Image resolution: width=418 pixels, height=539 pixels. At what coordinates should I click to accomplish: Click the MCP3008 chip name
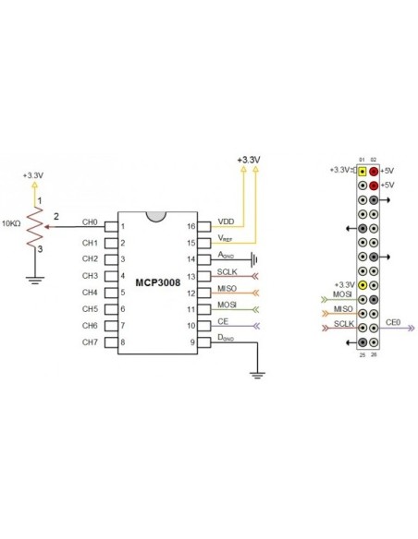[155, 281]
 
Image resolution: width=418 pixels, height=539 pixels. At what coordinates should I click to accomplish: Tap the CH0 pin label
[90, 222]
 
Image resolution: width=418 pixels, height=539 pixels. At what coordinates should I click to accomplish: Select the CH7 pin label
[90, 342]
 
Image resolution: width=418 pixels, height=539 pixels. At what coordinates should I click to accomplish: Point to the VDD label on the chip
[226, 222]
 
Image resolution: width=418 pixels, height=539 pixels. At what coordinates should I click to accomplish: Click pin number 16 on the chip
[191, 224]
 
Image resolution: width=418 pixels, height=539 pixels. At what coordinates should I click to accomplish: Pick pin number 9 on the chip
[192, 342]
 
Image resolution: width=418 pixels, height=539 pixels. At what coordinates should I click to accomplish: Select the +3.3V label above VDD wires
[248, 160]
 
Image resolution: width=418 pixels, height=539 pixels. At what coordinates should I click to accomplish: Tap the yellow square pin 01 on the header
[362, 171]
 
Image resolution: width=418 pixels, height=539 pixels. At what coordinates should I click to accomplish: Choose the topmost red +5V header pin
[375, 171]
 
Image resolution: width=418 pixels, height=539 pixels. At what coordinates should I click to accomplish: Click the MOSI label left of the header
[341, 296]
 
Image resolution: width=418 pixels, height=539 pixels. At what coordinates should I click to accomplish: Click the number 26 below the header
[375, 353]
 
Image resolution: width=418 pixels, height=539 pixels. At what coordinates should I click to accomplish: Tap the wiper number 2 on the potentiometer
[56, 216]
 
